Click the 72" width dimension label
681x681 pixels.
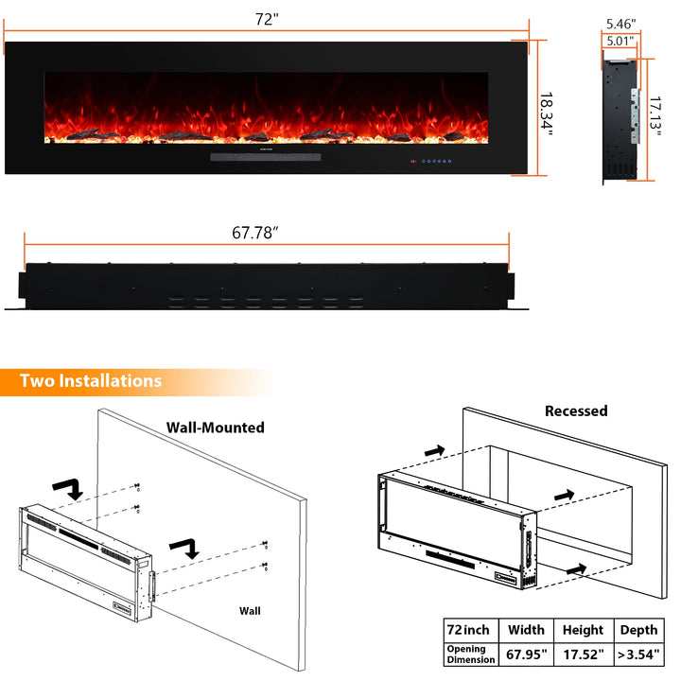pyautogui.click(x=267, y=20)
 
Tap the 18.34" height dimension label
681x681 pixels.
pyautogui.click(x=547, y=113)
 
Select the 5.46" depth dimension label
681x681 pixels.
pyautogui.click(x=621, y=24)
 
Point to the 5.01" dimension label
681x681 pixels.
pyautogui.click(x=620, y=42)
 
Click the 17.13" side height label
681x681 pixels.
pyautogui.click(x=655, y=116)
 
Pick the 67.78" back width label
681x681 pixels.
pyautogui.click(x=255, y=233)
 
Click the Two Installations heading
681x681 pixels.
pyautogui.click(x=91, y=381)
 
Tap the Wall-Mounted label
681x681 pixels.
pyautogui.click(x=216, y=428)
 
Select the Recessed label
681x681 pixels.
pyautogui.click(x=576, y=410)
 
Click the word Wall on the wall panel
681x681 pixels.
pyautogui.click(x=250, y=611)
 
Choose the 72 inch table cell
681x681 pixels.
pyautogui.click(x=468, y=630)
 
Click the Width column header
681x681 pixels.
pyautogui.click(x=527, y=630)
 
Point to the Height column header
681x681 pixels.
pyautogui.click(x=584, y=630)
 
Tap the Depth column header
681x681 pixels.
pyautogui.click(x=638, y=630)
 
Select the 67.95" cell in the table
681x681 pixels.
pyautogui.click(x=527, y=655)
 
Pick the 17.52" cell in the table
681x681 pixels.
pyautogui.click(x=584, y=655)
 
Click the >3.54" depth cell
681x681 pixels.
pyautogui.click(x=638, y=655)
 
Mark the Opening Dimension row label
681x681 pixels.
pyautogui.click(x=471, y=655)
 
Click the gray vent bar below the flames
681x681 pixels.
pyautogui.click(x=266, y=157)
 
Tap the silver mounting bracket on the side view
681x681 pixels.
pyautogui.click(x=636, y=115)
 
